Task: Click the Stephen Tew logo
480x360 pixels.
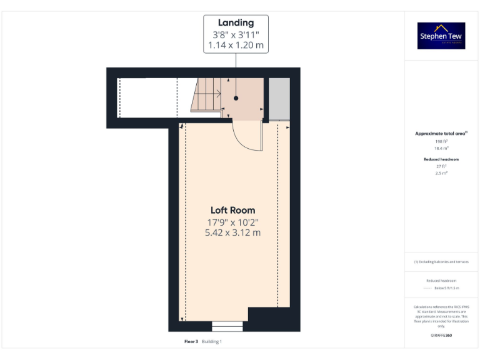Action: (x=441, y=36)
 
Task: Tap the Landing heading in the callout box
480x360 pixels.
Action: (x=236, y=23)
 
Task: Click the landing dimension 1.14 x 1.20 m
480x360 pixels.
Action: (x=236, y=46)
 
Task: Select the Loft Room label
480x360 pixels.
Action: (x=232, y=210)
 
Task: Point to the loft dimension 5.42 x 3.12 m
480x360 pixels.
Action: (x=232, y=232)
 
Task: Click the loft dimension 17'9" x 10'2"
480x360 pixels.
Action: (x=232, y=222)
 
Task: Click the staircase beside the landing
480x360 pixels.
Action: (x=206, y=95)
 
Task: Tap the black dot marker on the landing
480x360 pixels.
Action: (x=236, y=99)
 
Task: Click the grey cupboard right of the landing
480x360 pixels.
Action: (x=279, y=98)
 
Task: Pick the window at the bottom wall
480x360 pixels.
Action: (x=227, y=326)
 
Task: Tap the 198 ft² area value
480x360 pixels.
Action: (x=441, y=142)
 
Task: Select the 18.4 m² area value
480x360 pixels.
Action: (x=441, y=148)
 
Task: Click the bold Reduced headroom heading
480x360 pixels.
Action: (x=441, y=159)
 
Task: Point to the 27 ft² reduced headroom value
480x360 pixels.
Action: (x=441, y=167)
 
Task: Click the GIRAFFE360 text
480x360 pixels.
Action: (x=441, y=336)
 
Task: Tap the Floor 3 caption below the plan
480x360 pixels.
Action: (x=191, y=342)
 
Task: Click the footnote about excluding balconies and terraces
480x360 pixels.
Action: (x=441, y=262)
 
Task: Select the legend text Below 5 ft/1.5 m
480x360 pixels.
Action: (x=447, y=288)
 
